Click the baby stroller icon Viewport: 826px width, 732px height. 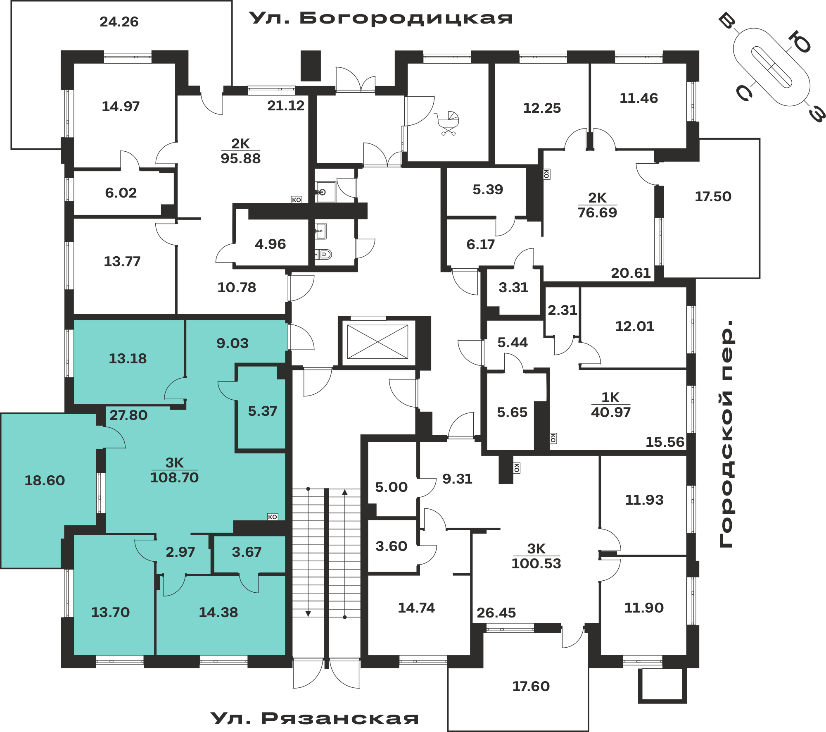(x=448, y=123)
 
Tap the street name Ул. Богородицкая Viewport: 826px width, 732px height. (x=381, y=18)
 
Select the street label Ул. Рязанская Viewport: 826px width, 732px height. (x=315, y=718)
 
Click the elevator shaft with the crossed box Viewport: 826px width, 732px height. (x=377, y=341)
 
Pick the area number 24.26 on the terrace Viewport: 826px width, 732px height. (x=119, y=21)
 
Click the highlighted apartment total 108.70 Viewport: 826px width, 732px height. (x=174, y=477)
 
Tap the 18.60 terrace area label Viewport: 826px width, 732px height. (x=45, y=480)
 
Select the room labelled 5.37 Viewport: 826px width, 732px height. (x=262, y=411)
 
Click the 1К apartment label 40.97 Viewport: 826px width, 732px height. (x=611, y=412)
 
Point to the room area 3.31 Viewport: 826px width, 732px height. (x=513, y=287)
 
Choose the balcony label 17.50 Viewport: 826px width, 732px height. (x=713, y=196)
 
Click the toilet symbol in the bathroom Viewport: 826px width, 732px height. (x=324, y=254)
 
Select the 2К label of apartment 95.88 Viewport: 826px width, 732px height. (x=240, y=143)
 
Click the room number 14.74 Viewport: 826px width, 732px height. (x=416, y=608)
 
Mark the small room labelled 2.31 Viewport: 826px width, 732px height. (x=562, y=310)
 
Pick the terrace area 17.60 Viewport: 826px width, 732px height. (x=531, y=686)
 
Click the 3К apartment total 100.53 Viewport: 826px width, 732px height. (x=536, y=563)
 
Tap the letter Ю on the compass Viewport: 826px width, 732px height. (x=800, y=43)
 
